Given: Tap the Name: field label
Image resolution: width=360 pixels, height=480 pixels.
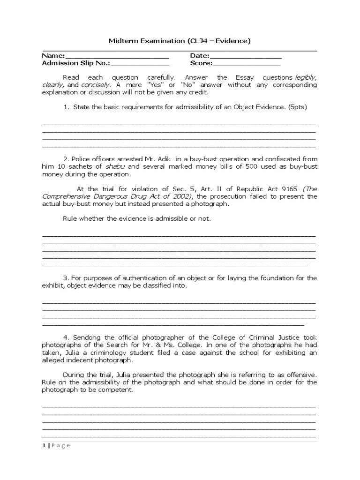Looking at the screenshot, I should click(54, 56).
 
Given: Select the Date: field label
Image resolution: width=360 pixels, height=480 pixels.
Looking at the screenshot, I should click(200, 56).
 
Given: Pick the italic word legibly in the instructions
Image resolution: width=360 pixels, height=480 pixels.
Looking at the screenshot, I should click(305, 77).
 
